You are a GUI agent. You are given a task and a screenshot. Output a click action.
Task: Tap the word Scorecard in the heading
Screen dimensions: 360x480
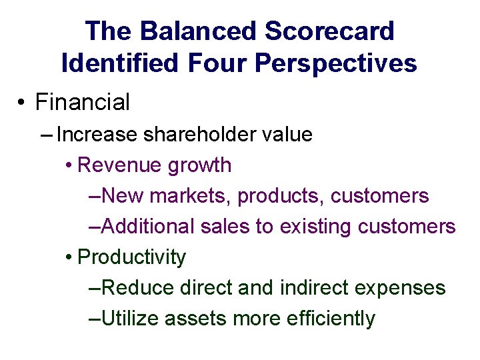click(x=330, y=31)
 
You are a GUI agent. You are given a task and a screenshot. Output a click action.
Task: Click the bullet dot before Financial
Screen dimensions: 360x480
click(x=22, y=103)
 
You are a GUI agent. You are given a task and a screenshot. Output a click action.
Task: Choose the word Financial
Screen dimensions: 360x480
click(x=83, y=103)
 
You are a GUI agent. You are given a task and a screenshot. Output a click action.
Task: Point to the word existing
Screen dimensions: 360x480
click(x=315, y=227)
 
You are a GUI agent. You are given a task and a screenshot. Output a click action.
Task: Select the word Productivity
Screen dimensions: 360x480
click(x=132, y=257)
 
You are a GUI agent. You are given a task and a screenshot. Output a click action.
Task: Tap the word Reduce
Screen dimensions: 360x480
click(x=137, y=288)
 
